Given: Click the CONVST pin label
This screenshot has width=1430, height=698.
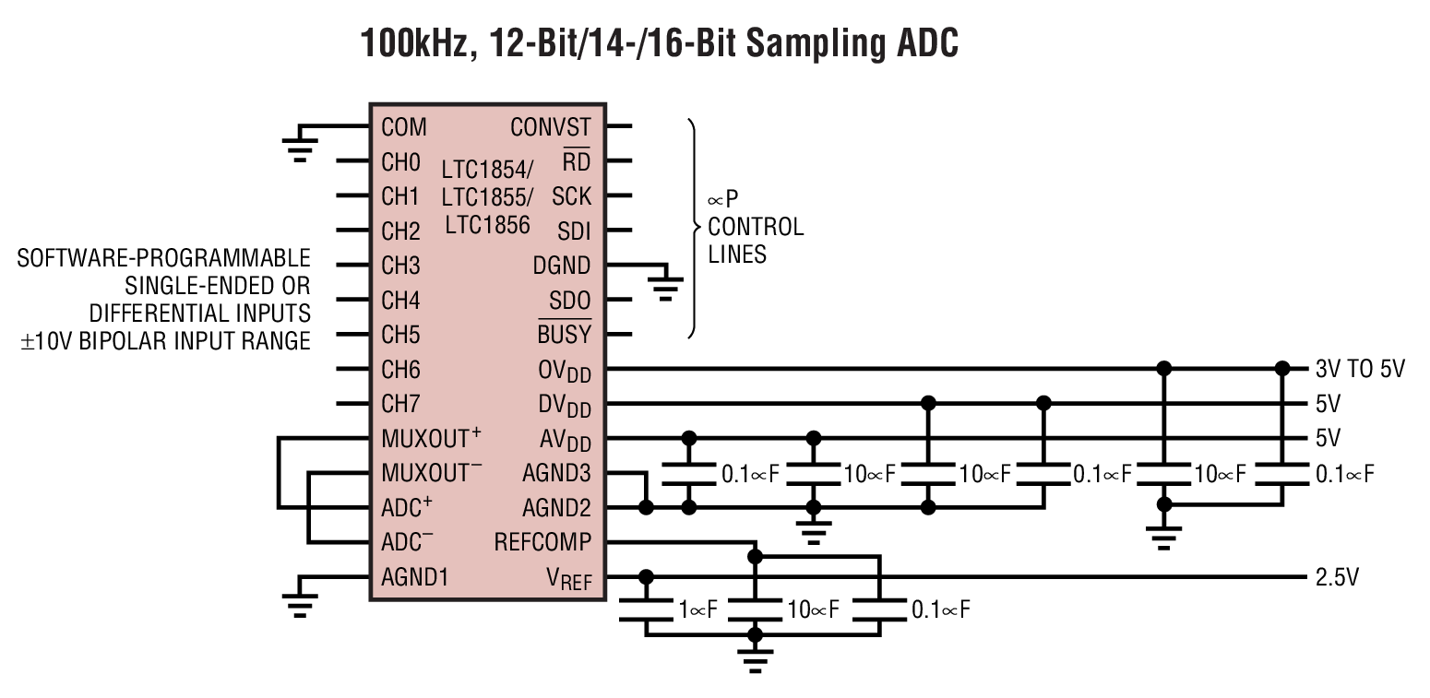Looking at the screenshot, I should click(x=550, y=126).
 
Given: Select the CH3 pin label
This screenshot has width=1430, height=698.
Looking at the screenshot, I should click(x=400, y=266).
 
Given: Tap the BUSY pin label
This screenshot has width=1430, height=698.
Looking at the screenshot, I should click(x=564, y=335).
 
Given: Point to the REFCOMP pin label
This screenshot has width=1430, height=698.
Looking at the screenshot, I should click(x=542, y=542).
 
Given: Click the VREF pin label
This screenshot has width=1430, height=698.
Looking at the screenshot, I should click(x=568, y=579).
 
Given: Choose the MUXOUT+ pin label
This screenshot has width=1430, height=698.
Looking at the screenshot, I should click(x=431, y=438).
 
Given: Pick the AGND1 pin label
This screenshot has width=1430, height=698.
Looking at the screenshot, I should click(x=414, y=577).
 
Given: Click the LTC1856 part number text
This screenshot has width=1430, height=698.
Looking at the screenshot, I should click(x=486, y=224).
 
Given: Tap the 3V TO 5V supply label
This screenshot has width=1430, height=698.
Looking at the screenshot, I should click(x=1359, y=370).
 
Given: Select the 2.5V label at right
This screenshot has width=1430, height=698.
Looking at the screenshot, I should click(x=1336, y=578).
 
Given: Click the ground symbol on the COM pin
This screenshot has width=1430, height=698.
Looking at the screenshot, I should click(x=299, y=148).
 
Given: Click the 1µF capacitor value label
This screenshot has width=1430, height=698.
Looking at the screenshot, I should click(x=697, y=609).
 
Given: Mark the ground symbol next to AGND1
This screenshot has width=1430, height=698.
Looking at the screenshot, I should click(x=299, y=601).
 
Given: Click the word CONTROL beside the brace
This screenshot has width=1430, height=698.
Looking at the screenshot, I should click(x=755, y=227).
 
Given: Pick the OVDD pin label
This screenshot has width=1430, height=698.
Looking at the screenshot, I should click(x=565, y=371).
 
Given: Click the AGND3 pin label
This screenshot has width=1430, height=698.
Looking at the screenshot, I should click(x=556, y=473).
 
